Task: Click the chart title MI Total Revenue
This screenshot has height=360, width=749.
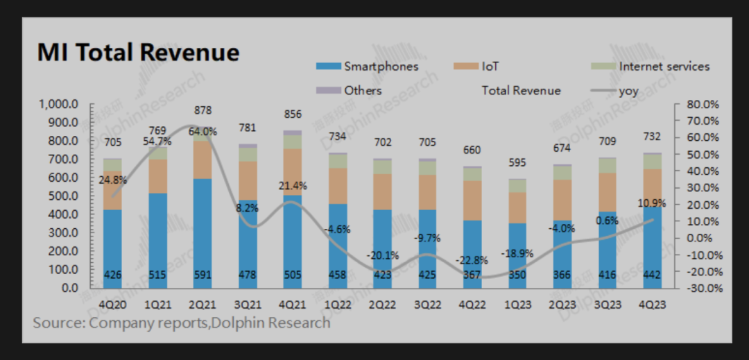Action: (x=138, y=53)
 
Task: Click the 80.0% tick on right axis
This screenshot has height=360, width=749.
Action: (x=702, y=104)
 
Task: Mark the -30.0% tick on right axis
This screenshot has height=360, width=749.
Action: (x=702, y=287)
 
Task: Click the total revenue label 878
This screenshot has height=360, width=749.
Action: (x=203, y=110)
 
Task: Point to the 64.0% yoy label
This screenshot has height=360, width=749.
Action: (x=203, y=131)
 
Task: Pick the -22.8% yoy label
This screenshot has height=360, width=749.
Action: (x=473, y=261)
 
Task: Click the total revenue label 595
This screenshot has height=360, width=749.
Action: (x=517, y=164)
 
